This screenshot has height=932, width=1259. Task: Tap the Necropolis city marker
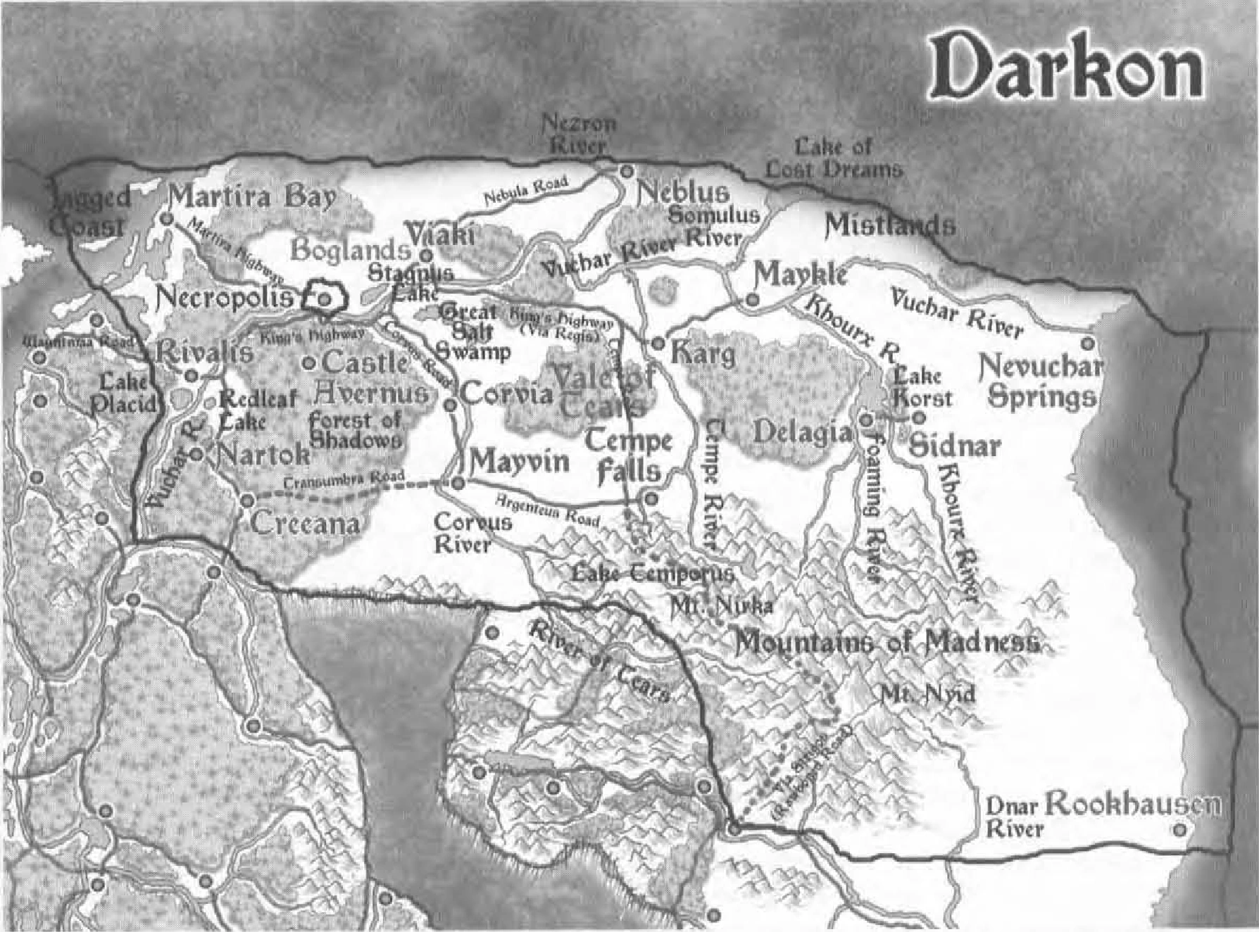click(324, 298)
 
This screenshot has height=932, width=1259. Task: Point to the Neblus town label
click(682, 192)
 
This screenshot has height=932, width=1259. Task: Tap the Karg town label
click(702, 352)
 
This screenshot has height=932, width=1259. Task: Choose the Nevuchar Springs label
click(1040, 382)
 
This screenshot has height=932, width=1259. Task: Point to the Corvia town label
click(507, 394)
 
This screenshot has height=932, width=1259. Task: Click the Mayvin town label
click(520, 462)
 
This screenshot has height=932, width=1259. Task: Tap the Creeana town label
click(305, 523)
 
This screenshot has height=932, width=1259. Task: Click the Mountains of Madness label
click(887, 642)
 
